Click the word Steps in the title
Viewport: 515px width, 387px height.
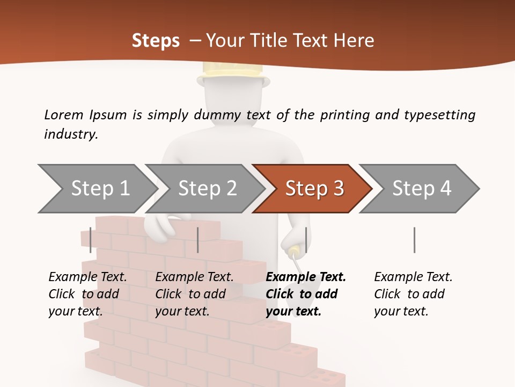[156, 40]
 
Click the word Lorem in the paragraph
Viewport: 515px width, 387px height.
[64, 114]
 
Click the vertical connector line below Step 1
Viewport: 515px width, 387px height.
[91, 240]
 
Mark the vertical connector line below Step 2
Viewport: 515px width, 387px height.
[198, 240]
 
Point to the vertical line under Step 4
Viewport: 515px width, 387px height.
[414, 240]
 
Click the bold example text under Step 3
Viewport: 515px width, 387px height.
[303, 294]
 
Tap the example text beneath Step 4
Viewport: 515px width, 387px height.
[412, 294]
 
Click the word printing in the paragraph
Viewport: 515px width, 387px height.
[344, 114]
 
